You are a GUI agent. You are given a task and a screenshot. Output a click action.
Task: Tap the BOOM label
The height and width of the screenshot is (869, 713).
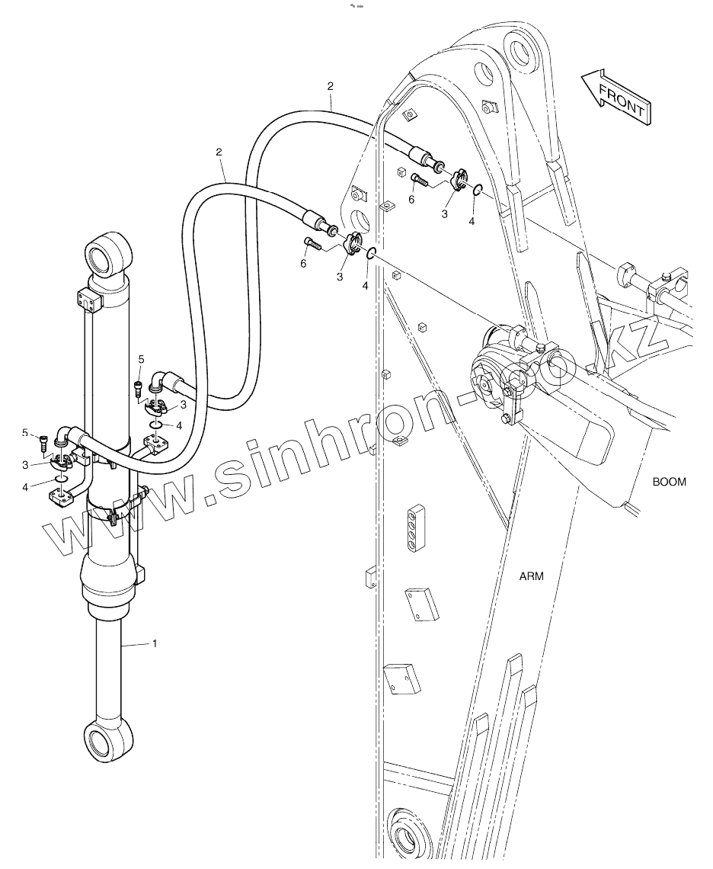(669, 482)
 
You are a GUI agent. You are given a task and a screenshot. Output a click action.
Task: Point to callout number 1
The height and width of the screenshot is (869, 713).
(155, 643)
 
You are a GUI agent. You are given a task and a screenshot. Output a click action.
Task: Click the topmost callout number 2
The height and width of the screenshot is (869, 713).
(331, 85)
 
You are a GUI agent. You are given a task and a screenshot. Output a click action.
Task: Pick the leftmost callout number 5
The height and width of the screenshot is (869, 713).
(25, 433)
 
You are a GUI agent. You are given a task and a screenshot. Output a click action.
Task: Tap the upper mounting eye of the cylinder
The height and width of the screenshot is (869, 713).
(107, 253)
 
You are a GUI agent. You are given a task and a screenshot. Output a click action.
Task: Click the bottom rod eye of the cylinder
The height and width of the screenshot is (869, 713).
(102, 739)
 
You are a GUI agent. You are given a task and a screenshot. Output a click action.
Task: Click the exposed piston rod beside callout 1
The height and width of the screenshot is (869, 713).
(106, 663)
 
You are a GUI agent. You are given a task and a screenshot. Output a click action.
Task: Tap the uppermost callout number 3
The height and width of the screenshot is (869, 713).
(444, 215)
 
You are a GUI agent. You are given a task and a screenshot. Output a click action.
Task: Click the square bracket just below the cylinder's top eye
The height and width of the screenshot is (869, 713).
(88, 300)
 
